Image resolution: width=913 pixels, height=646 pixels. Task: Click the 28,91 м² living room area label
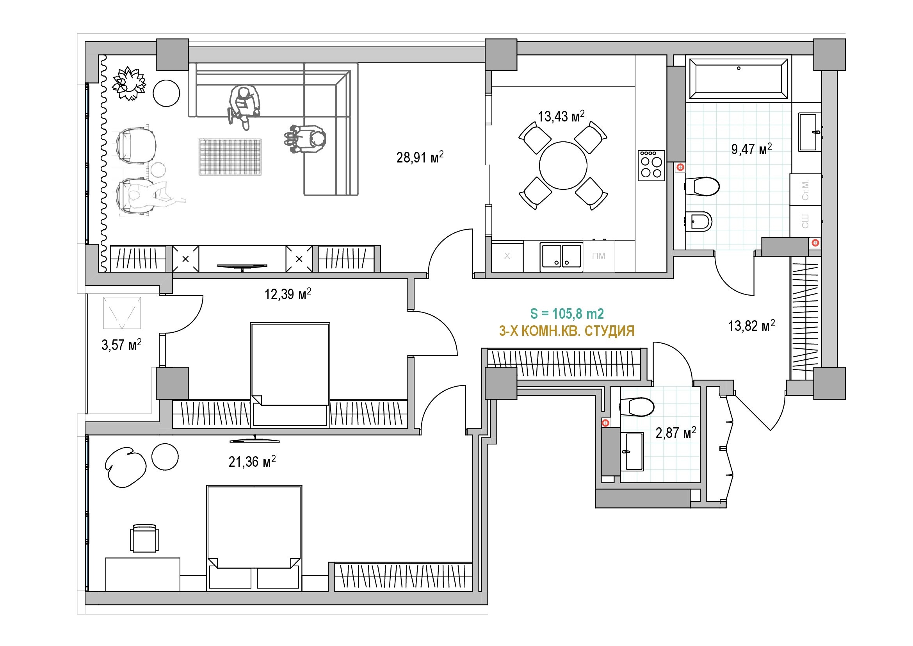pyautogui.click(x=420, y=157)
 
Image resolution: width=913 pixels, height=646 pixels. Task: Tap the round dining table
pyautogui.click(x=563, y=166)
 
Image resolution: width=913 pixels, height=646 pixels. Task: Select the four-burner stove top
pyautogui.click(x=651, y=166)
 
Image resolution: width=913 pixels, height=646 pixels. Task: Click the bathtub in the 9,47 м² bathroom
pyautogui.click(x=739, y=79)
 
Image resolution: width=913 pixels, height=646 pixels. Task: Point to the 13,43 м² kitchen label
pyautogui.click(x=561, y=116)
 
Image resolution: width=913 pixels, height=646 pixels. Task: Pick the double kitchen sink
pyautogui.click(x=561, y=257)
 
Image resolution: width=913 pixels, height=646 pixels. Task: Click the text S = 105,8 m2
pyautogui.click(x=567, y=314)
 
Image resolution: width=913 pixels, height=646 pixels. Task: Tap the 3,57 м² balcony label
pyautogui.click(x=121, y=344)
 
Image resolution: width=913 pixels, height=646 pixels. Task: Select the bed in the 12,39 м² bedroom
pyautogui.click(x=290, y=375)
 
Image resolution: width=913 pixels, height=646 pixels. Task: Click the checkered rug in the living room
pyautogui.click(x=230, y=157)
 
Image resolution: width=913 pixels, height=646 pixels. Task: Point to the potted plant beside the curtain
pyautogui.click(x=128, y=83)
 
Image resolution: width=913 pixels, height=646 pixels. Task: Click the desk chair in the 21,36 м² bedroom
pyautogui.click(x=144, y=538)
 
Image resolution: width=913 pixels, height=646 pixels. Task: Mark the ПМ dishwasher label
pyautogui.click(x=598, y=256)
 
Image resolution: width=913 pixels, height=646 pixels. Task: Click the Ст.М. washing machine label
pyautogui.click(x=805, y=190)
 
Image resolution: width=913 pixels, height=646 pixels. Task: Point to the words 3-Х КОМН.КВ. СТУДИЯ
pyautogui.click(x=567, y=331)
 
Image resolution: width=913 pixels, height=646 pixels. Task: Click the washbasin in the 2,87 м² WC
pyautogui.click(x=634, y=451)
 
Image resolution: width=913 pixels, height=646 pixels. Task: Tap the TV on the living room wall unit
pyautogui.click(x=242, y=266)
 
